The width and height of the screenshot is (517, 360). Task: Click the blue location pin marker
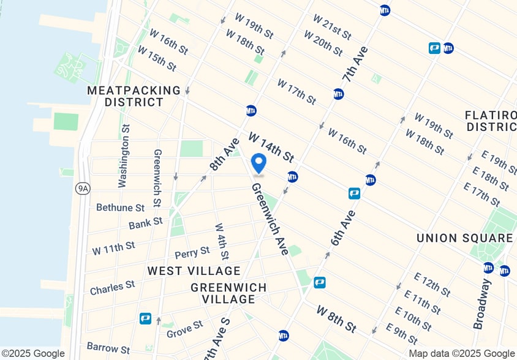259,163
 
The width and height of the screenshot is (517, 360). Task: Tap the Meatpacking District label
134,96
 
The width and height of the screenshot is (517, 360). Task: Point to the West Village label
194,271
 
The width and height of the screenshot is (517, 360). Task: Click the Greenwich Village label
228,293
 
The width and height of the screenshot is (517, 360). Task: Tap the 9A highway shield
83,188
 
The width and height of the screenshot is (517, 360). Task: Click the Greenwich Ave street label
270,219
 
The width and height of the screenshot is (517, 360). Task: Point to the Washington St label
124,156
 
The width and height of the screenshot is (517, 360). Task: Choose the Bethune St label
120,208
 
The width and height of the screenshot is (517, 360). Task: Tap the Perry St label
192,252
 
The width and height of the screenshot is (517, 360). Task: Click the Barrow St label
108,348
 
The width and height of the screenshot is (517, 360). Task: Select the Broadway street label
482,304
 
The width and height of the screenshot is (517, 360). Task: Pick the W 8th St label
336,319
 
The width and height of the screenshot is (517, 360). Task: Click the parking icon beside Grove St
145,318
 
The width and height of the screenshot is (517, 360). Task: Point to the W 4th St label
222,241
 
